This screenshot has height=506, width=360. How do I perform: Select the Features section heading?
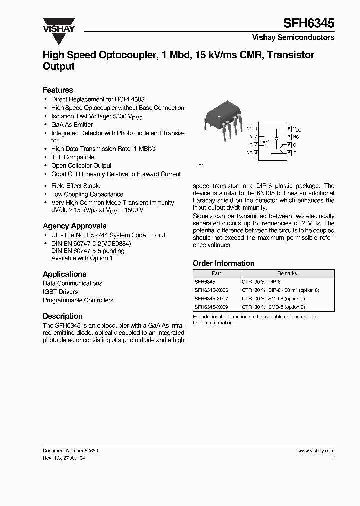[x=58, y=90]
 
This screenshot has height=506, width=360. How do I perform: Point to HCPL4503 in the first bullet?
[x=130, y=99]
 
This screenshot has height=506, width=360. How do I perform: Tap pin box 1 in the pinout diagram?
[x=256, y=129]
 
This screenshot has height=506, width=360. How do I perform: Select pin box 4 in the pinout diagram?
[x=256, y=153]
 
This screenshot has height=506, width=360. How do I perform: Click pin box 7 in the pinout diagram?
[x=289, y=137]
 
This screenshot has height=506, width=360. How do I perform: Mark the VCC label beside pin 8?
[x=297, y=129]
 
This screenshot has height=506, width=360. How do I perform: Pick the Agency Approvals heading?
[x=74, y=226]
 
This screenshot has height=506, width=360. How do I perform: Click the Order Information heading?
[x=223, y=263]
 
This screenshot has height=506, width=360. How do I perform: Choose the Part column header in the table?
[x=216, y=273]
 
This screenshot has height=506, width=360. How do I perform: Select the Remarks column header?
[x=287, y=273]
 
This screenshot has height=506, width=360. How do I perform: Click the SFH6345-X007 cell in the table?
[x=211, y=298]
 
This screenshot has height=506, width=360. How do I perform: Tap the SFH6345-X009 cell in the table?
[x=211, y=307]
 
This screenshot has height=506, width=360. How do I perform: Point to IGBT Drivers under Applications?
[x=60, y=292]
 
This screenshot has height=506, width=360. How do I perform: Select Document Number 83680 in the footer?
[x=70, y=450]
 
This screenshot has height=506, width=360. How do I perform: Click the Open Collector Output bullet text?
[x=81, y=166]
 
